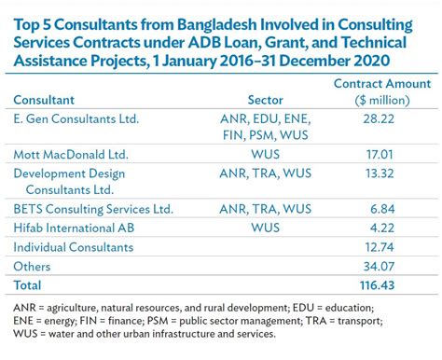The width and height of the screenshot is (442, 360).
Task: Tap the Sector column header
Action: tap(267, 100)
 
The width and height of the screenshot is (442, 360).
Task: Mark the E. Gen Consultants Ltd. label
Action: tap(76, 119)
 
